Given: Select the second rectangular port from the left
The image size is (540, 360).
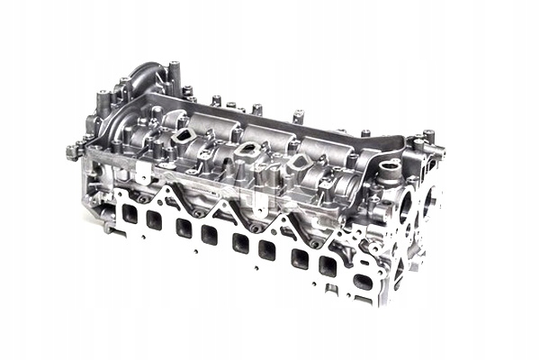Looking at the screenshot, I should pyautogui.click(x=154, y=220).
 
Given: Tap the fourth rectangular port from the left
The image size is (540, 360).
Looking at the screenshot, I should pyautogui.click(x=210, y=234).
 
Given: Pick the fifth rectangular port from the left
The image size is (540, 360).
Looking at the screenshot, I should pyautogui.click(x=240, y=242).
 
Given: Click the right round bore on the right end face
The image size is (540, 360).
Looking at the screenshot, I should pyautogui.click(x=430, y=200).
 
